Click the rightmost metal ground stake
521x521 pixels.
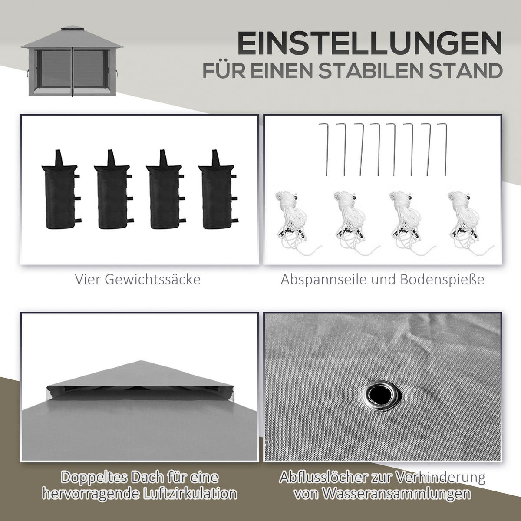coord(444,150)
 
